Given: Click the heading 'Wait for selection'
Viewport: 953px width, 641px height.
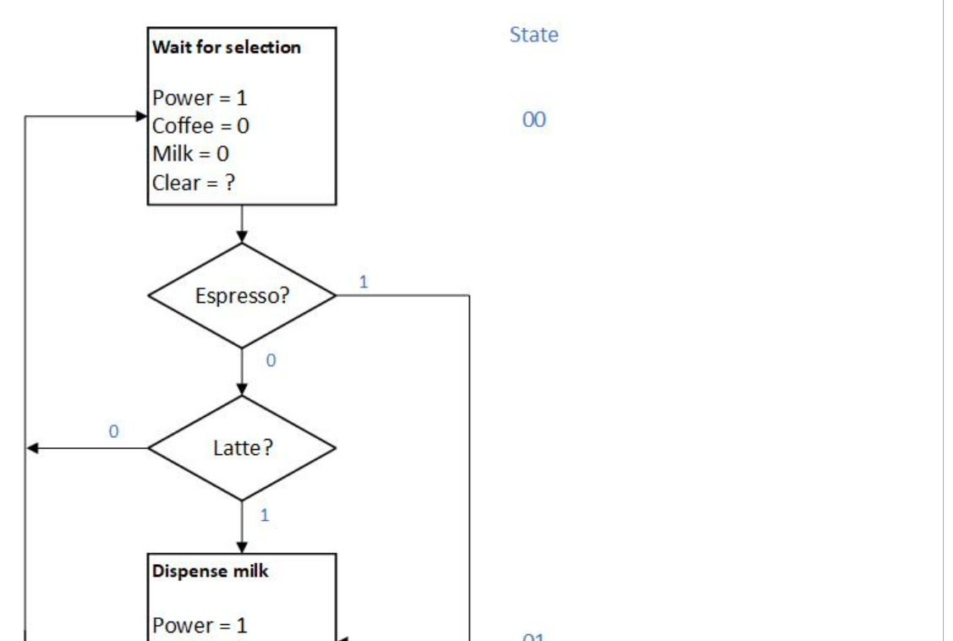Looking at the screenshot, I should pyautogui.click(x=226, y=47).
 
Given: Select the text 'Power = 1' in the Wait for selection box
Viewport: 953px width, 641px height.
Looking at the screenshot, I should pyautogui.click(x=200, y=98).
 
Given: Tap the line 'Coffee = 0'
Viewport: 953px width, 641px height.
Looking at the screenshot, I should pyautogui.click(x=200, y=126).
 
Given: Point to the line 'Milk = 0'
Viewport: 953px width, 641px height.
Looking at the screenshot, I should pyautogui.click(x=190, y=154).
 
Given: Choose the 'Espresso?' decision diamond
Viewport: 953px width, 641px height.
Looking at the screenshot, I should pyautogui.click(x=242, y=296).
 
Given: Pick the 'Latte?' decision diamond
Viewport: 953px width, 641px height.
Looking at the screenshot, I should pyautogui.click(x=242, y=448).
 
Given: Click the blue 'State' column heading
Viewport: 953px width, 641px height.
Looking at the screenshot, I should pyautogui.click(x=534, y=35).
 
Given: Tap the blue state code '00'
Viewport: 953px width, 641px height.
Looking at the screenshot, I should pyautogui.click(x=534, y=120).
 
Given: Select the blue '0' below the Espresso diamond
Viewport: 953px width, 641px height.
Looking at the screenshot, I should pyautogui.click(x=271, y=361).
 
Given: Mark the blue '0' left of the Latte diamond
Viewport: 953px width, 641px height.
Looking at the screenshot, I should pyautogui.click(x=113, y=431).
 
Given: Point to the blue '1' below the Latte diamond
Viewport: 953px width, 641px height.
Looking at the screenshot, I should pyautogui.click(x=265, y=515).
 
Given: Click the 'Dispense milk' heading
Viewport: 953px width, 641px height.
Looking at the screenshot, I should pyautogui.click(x=210, y=571).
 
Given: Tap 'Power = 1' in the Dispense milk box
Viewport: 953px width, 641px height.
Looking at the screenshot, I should pyautogui.click(x=200, y=626).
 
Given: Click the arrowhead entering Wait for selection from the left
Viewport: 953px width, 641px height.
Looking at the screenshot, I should pyautogui.click(x=142, y=117).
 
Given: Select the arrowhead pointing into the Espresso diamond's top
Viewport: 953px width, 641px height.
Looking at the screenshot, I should pyautogui.click(x=242, y=238).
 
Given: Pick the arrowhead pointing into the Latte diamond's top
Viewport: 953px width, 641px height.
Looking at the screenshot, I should pyautogui.click(x=242, y=390).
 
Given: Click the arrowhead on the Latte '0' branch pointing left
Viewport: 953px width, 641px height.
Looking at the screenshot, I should pyautogui.click(x=32, y=448).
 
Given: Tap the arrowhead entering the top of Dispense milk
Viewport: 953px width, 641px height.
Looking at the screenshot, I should pyautogui.click(x=242, y=548).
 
